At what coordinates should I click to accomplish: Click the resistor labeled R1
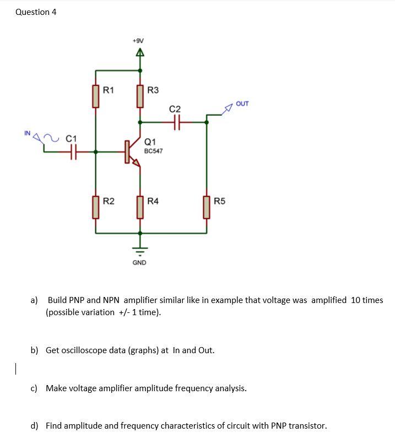coord(96,96)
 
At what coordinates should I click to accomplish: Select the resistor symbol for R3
coord(139,96)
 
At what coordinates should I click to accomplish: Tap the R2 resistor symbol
coord(96,207)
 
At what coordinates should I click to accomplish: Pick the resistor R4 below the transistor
coord(139,207)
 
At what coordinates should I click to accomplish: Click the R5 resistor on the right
coord(207,207)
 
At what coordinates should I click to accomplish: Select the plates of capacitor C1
coord(73,152)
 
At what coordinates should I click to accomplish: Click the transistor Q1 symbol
coord(132,152)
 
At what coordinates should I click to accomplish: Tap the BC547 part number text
coord(153,150)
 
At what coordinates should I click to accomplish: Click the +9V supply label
coord(139,40)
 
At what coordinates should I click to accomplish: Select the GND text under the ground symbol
coord(139,263)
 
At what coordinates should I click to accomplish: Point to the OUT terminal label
coord(242,104)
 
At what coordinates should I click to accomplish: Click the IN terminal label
coord(27,133)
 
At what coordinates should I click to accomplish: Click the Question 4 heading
coord(36,12)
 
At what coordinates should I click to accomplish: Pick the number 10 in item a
coord(355,300)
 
